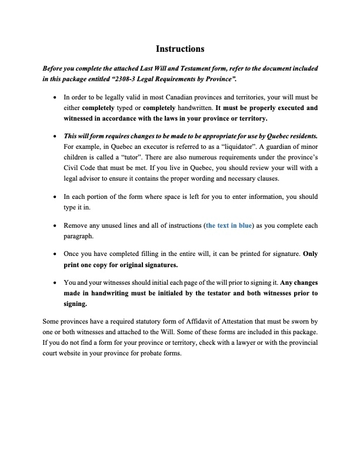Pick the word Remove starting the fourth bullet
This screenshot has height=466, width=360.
pyautogui.click(x=75, y=225)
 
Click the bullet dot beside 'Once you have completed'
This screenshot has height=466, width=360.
pyautogui.click(x=55, y=254)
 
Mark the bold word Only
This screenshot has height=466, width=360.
pyautogui.click(x=310, y=254)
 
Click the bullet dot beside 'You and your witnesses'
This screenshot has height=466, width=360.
pyautogui.click(x=55, y=281)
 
